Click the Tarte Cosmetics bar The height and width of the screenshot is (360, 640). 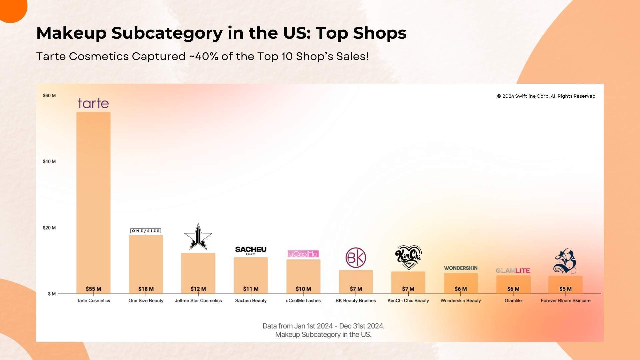pyautogui.click(x=93, y=200)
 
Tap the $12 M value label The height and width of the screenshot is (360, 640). pyautogui.click(x=198, y=289)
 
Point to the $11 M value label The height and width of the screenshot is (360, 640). pyautogui.click(x=251, y=289)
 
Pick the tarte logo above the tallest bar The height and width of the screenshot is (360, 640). pyautogui.click(x=93, y=103)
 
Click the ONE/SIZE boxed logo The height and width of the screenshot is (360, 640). pyautogui.click(x=146, y=231)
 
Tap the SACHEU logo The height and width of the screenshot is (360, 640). pyautogui.click(x=251, y=250)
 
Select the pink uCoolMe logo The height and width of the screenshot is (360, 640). pyautogui.click(x=303, y=254)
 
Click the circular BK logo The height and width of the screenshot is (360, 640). pyautogui.click(x=356, y=258)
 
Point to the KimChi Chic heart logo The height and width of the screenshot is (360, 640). pyautogui.click(x=408, y=257)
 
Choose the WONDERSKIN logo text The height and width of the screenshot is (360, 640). pyautogui.click(x=461, y=268)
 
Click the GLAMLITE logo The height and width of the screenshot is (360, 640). pyautogui.click(x=513, y=271)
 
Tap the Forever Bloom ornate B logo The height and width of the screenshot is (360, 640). pyautogui.click(x=565, y=261)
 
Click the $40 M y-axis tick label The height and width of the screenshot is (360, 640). pyautogui.click(x=49, y=162)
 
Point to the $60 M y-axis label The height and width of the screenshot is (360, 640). pyautogui.click(x=49, y=96)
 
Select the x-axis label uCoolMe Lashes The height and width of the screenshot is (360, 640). pyautogui.click(x=303, y=301)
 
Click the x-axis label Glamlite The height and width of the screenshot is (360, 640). pyautogui.click(x=513, y=301)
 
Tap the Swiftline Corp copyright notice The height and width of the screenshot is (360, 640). pyautogui.click(x=546, y=96)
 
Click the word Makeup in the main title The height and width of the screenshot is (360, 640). pyautogui.click(x=71, y=33)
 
